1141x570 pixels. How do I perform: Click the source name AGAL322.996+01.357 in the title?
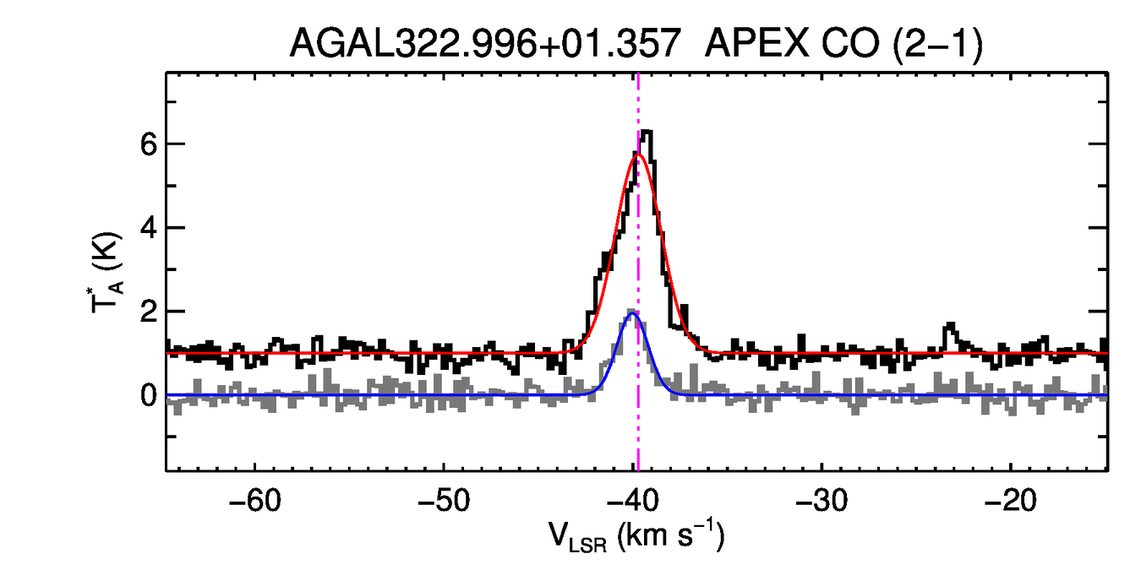click(485, 43)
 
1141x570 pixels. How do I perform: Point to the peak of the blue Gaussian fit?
click(632, 313)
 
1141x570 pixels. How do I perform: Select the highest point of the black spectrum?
click(647, 131)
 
